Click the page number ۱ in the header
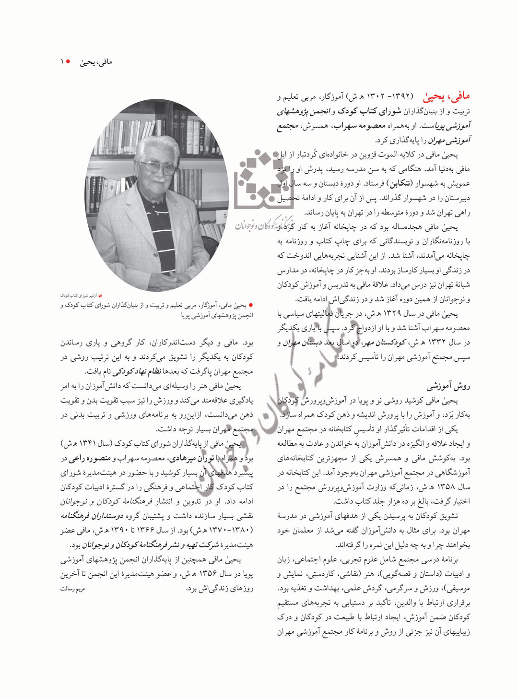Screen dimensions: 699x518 coord(62,62)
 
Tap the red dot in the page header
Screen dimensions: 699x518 coord(69,61)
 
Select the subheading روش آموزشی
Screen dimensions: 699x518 coord(448,386)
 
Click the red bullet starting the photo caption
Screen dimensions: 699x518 coord(250,305)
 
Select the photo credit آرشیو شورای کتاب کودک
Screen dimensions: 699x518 coord(79,296)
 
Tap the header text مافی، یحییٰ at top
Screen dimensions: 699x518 coord(96,62)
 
